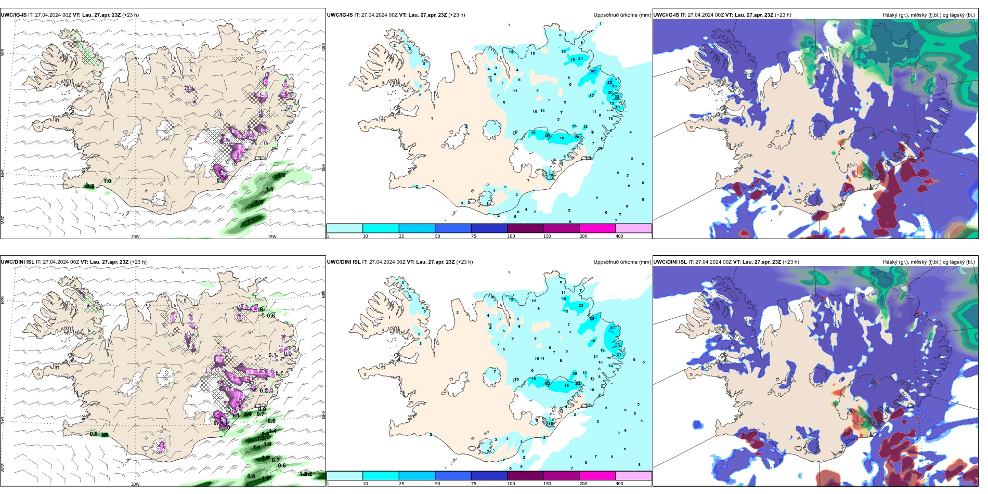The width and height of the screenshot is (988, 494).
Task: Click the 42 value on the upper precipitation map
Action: (593, 71)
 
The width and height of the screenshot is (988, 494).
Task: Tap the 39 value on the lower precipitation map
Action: (592, 318)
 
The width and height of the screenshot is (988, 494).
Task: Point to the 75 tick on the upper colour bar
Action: (474, 236)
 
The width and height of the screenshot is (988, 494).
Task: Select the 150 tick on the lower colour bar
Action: (547, 484)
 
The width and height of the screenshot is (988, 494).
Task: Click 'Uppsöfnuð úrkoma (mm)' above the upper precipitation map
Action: (622, 15)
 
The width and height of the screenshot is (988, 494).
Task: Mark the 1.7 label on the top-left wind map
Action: (251, 221)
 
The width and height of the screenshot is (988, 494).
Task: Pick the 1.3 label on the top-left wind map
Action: (281, 176)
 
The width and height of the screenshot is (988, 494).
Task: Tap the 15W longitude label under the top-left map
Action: (271, 237)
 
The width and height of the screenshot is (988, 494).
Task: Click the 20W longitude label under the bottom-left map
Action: (135, 484)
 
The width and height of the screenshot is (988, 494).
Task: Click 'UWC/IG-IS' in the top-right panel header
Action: (666, 15)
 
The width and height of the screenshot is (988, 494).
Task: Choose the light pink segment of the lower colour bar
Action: (633, 476)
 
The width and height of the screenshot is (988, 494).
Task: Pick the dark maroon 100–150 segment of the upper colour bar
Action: (525, 228)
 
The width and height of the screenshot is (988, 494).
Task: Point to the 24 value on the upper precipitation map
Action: (580, 59)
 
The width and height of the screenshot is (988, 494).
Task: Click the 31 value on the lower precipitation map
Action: (617, 344)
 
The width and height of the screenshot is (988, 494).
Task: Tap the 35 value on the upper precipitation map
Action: (609, 83)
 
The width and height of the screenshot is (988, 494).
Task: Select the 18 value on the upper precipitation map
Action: (551, 175)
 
